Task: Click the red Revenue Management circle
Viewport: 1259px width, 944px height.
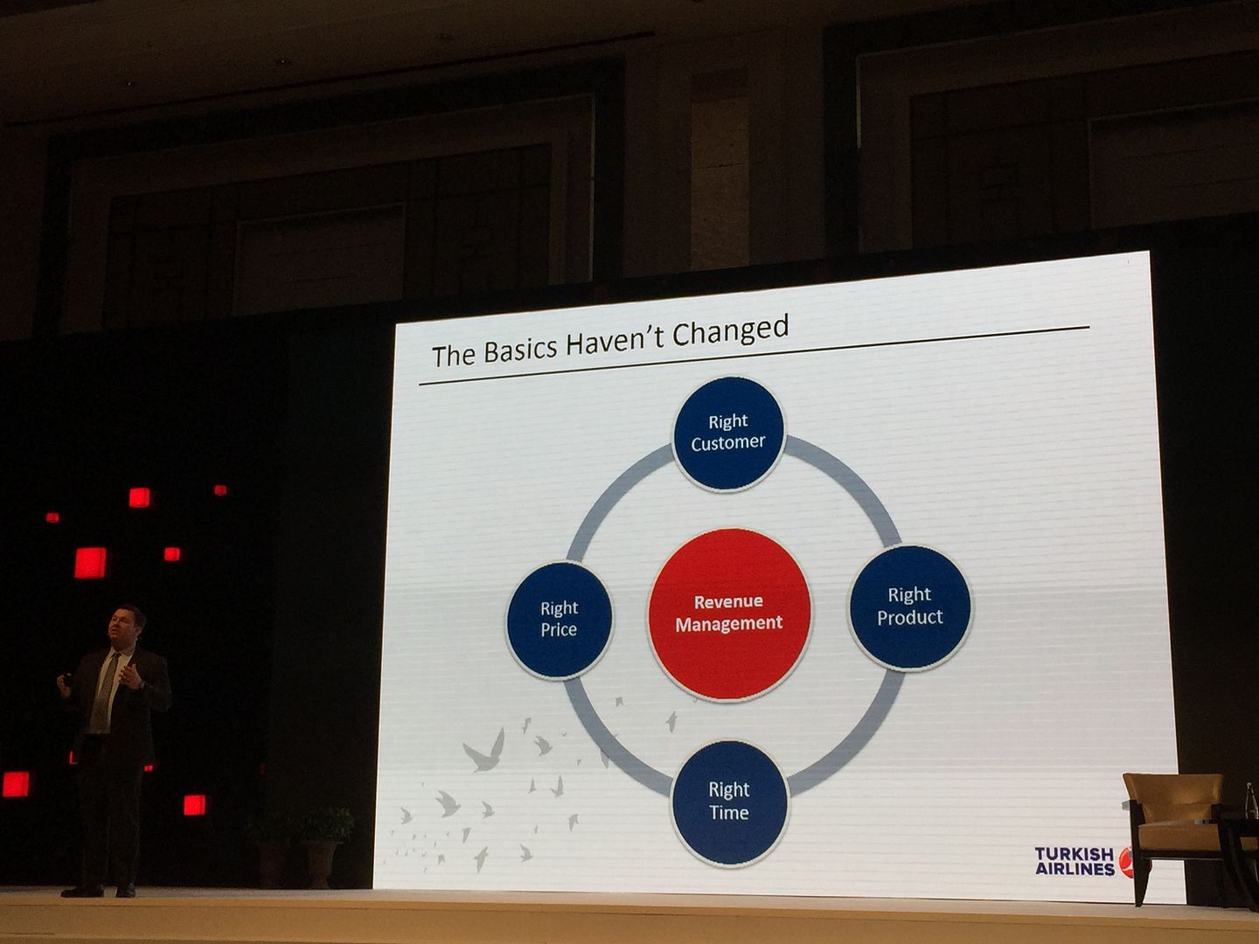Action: pos(729,613)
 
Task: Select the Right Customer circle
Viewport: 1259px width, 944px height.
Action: pos(728,434)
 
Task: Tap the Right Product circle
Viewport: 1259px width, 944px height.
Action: pos(909,607)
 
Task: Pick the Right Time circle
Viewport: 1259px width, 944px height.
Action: pos(729,802)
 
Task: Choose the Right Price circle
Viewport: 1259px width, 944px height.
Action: pos(560,620)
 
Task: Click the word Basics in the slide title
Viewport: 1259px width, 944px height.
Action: pos(519,350)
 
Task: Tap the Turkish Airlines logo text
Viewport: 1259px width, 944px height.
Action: pos(1075,862)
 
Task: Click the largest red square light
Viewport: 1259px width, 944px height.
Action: pos(90,563)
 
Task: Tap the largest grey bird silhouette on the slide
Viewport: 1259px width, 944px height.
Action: pos(484,751)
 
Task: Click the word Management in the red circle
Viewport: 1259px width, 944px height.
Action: pos(729,623)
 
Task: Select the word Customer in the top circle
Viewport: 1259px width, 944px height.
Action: pos(728,443)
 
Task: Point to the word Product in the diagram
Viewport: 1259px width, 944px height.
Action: pos(909,617)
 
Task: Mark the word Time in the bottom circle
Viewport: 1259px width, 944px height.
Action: pos(729,813)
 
